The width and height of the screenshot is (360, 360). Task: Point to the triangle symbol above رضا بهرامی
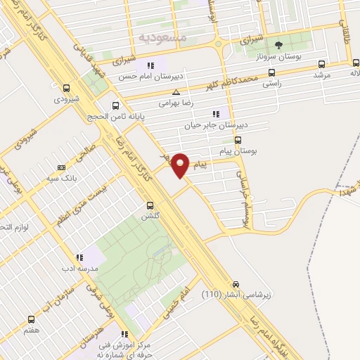click(x=176, y=92)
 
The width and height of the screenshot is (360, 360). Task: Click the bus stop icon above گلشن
click(x=149, y=206)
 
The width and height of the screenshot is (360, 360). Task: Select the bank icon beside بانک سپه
click(x=61, y=167)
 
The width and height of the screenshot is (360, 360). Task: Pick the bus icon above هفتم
click(x=30, y=318)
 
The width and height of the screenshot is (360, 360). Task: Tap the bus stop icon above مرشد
click(x=321, y=63)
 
